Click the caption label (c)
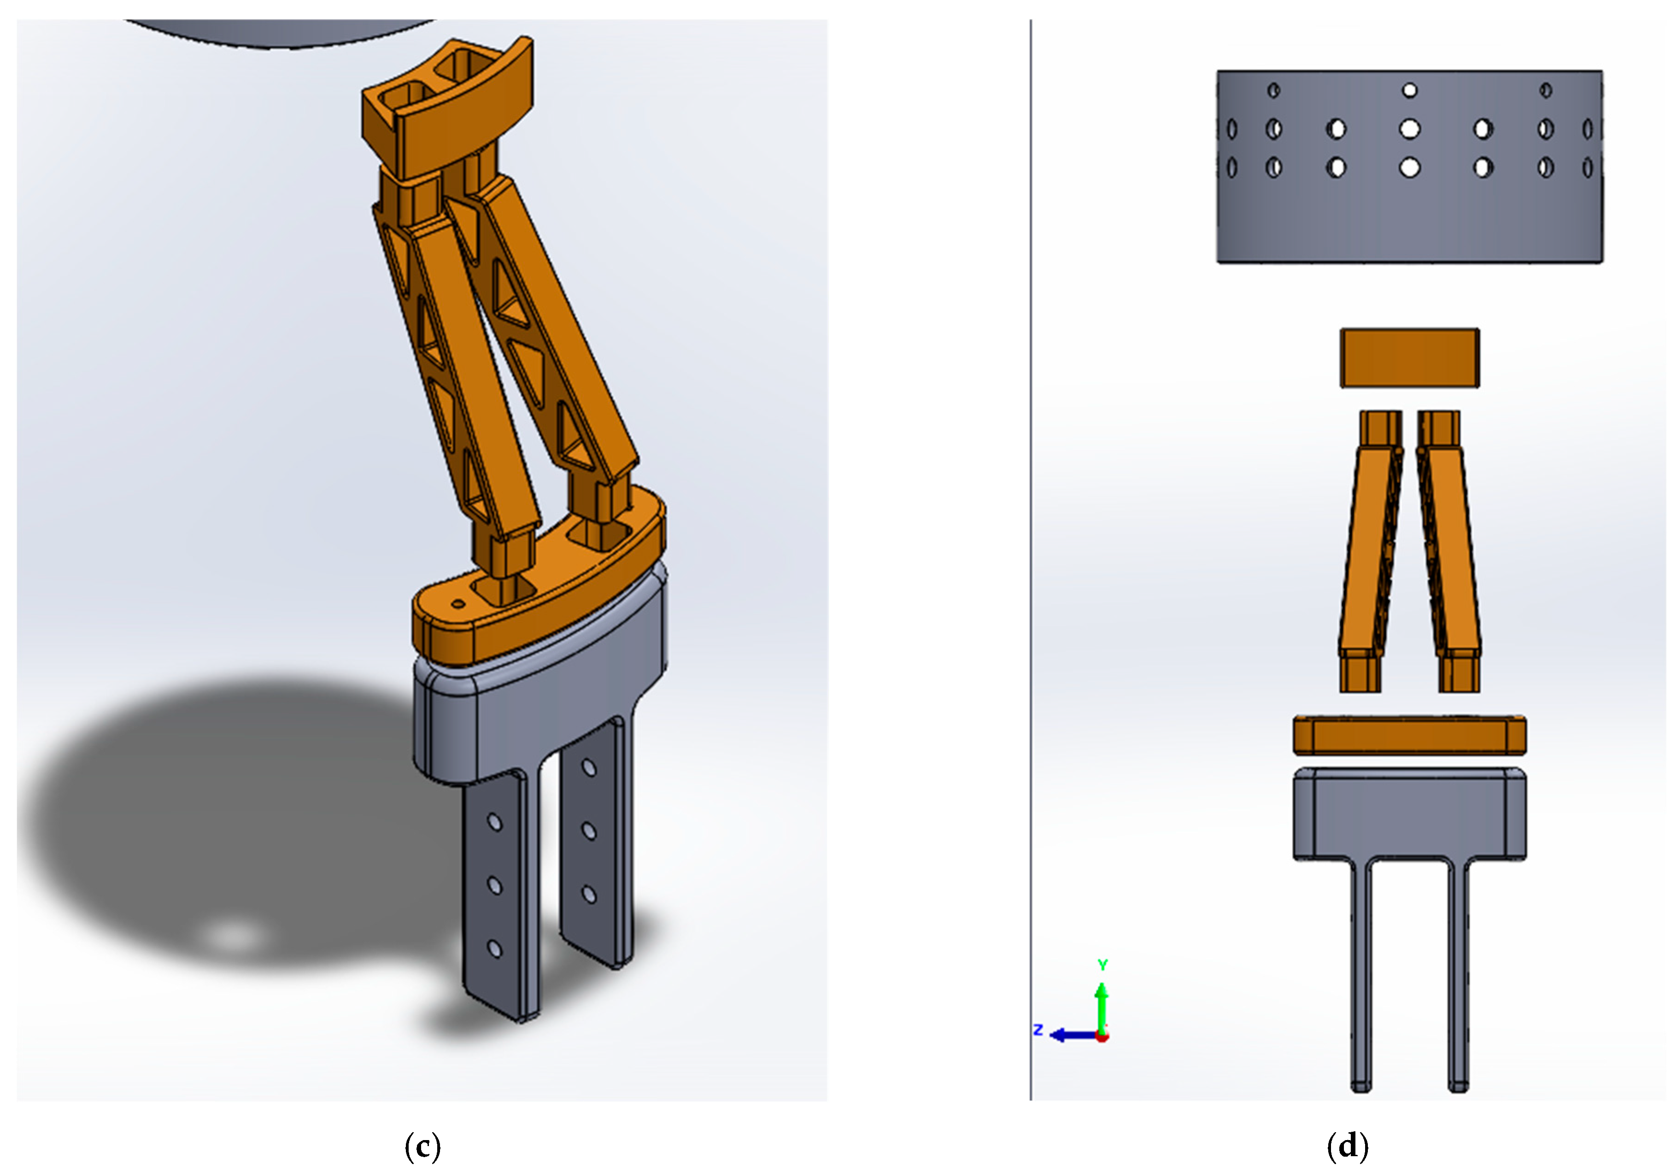point(422,1146)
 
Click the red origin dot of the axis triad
point(1102,1036)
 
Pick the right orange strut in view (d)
point(1452,555)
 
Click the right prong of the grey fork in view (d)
point(1458,971)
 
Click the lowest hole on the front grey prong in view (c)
point(494,949)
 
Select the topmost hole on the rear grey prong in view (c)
point(589,768)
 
